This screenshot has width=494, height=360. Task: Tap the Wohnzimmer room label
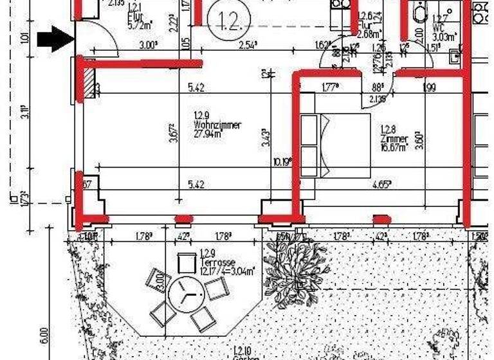pos(217,125)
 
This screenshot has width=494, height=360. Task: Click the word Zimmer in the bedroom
pos(394,139)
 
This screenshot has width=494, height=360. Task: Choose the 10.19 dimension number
pos(281,161)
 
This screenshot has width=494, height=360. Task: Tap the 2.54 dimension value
pos(248,46)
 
